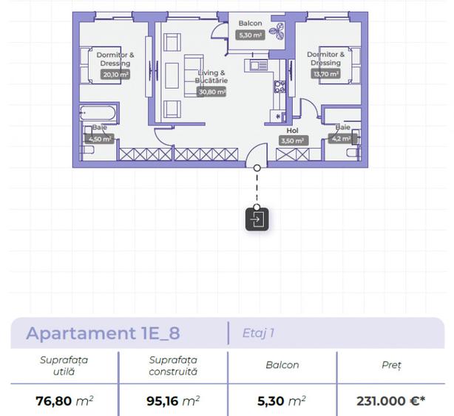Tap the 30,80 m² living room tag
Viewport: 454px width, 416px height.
pos(211,92)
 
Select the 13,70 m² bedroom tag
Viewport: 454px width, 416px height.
pos(325,74)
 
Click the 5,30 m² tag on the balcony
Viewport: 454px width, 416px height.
pos(250,35)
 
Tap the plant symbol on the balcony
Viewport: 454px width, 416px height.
pos(277,32)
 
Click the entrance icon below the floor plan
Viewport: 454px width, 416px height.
pos(257,219)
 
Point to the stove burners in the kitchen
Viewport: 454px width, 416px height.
pos(280,86)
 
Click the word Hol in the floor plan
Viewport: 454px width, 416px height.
pos(293,131)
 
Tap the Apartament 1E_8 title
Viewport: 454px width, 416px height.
pos(103,333)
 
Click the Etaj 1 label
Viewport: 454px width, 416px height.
pos(258,333)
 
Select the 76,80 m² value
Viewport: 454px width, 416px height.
pos(64,401)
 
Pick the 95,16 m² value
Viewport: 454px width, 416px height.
pos(172,401)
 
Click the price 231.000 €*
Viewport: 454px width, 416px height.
pos(391,401)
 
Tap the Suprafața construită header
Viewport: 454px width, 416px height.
pos(172,365)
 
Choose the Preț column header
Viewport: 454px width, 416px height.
pos(391,365)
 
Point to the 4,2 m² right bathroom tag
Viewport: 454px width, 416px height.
pos(342,137)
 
